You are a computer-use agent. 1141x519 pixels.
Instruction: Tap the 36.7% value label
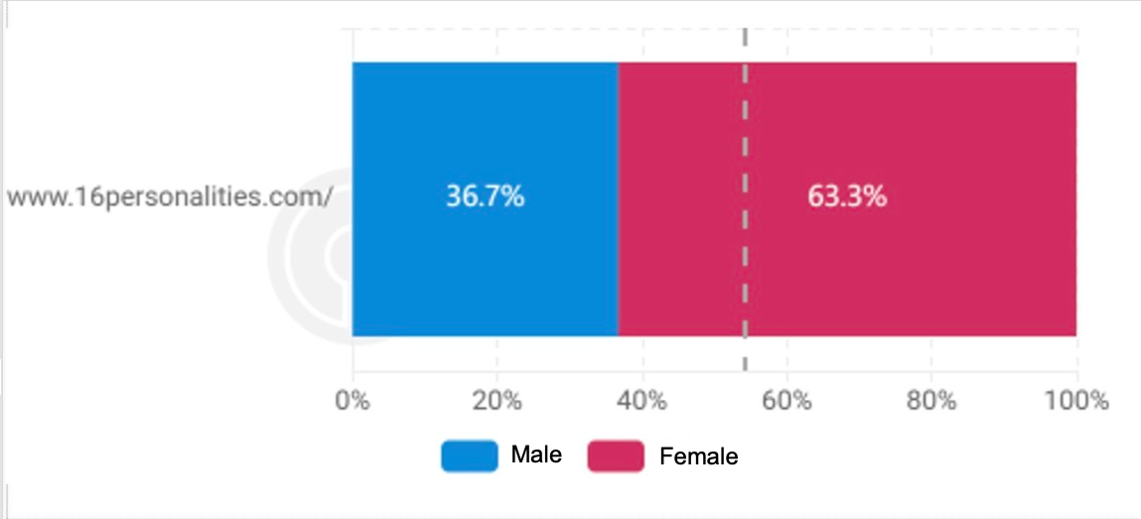485,196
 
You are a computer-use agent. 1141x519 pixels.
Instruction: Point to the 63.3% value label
846,196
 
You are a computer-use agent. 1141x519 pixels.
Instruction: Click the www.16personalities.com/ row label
169,196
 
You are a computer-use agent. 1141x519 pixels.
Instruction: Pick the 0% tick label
353,401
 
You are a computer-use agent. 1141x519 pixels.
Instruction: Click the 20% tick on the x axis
498,401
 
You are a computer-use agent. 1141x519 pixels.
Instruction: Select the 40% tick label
642,401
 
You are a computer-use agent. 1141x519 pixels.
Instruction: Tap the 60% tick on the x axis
786,401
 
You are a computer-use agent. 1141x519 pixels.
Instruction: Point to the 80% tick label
931,401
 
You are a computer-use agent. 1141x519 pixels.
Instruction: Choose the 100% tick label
1075,401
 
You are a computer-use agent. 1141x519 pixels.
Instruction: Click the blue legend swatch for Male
469,455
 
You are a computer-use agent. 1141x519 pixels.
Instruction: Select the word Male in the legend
536,455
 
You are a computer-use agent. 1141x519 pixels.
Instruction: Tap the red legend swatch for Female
616,455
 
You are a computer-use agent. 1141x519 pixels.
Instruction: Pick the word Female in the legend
698,456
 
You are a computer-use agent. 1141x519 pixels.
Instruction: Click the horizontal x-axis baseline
715,373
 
